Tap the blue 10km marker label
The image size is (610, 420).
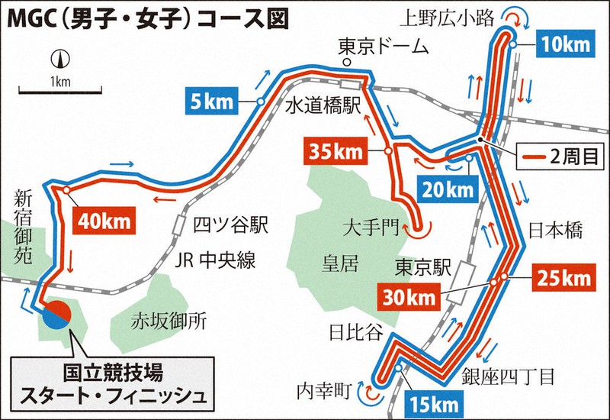(564, 45)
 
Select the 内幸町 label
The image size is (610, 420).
(324, 392)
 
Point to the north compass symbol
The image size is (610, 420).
(58, 58)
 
